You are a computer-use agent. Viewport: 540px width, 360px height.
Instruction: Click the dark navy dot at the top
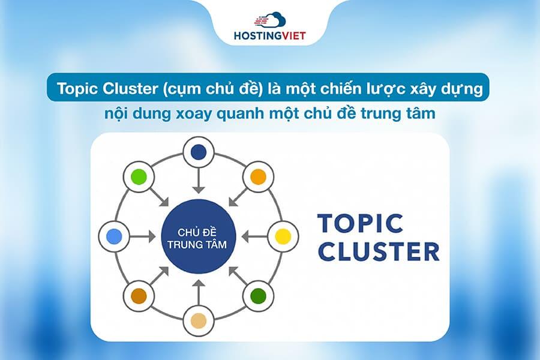click(198, 153)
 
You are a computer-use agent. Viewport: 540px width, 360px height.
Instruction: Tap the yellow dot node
click(281, 236)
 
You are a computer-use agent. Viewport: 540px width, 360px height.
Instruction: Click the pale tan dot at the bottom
click(198, 320)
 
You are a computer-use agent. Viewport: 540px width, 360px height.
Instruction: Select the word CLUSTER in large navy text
click(379, 252)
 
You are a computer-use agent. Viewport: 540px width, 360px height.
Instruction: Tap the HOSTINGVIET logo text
click(269, 35)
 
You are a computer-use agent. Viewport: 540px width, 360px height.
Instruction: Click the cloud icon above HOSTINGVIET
click(271, 20)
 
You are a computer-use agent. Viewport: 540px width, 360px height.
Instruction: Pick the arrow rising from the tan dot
click(198, 292)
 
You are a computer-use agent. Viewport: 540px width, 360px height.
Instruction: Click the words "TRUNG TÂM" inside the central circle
click(199, 244)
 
